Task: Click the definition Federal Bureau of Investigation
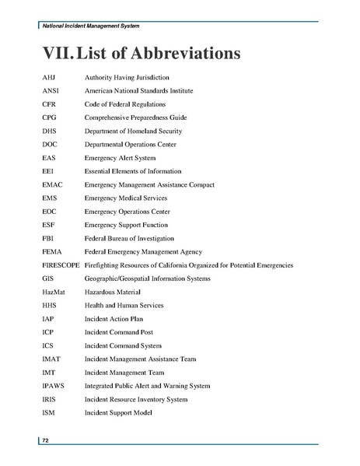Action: (129, 238)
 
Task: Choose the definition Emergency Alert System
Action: (120, 158)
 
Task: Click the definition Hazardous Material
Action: (115, 292)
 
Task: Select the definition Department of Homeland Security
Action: (133, 131)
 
